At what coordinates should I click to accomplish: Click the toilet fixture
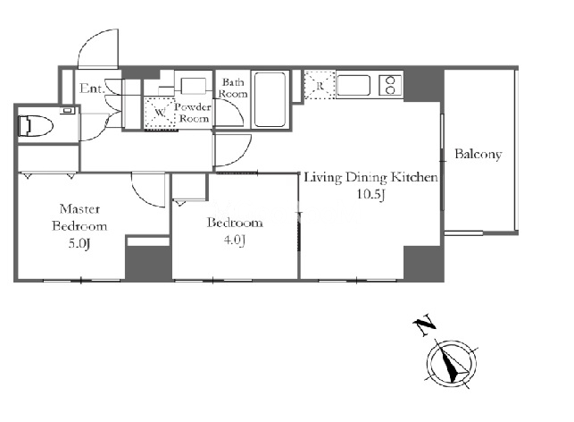pos(35,126)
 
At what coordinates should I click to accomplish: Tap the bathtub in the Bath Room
pos(270,100)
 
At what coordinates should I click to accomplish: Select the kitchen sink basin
pos(354,86)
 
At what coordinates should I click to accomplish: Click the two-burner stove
pos(390,86)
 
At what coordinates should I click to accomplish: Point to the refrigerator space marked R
pos(320,85)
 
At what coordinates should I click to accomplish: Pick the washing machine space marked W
pos(159,113)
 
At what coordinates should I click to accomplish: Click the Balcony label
pos(478,155)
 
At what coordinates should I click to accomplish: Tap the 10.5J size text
pos(370,194)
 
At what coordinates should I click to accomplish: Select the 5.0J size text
pos(79,244)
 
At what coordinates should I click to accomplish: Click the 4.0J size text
pos(234,241)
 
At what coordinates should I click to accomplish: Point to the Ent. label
pos(92,89)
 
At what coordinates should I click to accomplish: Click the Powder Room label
pos(194,113)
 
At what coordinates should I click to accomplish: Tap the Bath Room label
pos(233,88)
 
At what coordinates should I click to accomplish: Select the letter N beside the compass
pos(424,325)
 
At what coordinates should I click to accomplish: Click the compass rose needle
pos(453,364)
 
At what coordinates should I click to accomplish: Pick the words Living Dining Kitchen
pos(370,178)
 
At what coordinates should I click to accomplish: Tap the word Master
pos(79,209)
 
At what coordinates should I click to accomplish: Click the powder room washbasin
pos(193,87)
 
